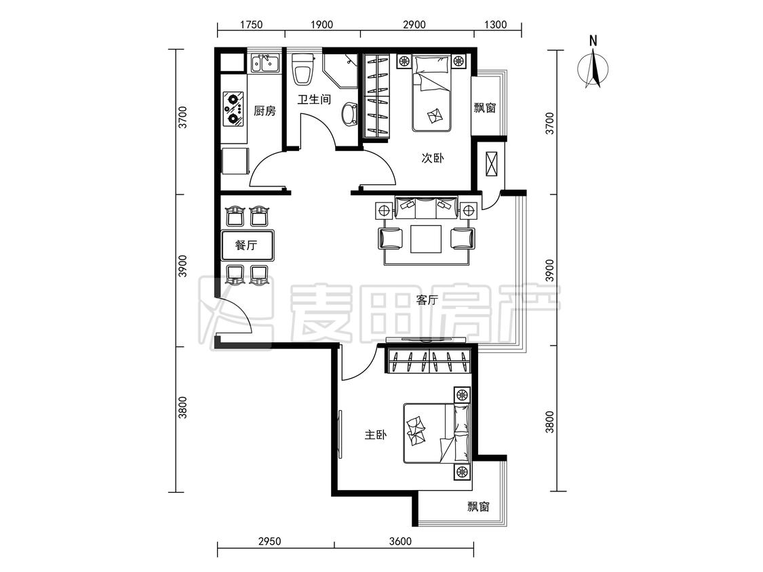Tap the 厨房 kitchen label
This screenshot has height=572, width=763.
pyautogui.click(x=265, y=111)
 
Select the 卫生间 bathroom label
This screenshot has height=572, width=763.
pyautogui.click(x=314, y=100)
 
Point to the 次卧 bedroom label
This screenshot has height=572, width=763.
pyautogui.click(x=432, y=158)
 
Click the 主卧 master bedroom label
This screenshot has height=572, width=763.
pyautogui.click(x=376, y=434)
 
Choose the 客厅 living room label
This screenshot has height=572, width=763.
pyautogui.click(x=427, y=300)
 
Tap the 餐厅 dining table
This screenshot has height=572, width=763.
pyautogui.click(x=247, y=245)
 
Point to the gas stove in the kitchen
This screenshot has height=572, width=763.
pyautogui.click(x=233, y=109)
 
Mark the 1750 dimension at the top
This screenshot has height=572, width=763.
pyautogui.click(x=251, y=24)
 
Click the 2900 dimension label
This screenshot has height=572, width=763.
pyautogui.click(x=414, y=24)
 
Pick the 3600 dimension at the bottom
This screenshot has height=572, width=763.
pyautogui.click(x=400, y=542)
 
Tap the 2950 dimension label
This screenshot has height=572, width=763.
pyautogui.click(x=269, y=542)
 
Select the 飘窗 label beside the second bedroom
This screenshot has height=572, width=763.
pyautogui.click(x=485, y=108)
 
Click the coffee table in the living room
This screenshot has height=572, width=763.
pyautogui.click(x=426, y=239)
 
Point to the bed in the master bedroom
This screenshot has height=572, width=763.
pyautogui.click(x=437, y=433)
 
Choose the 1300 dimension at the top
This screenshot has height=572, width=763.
pyautogui.click(x=495, y=24)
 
